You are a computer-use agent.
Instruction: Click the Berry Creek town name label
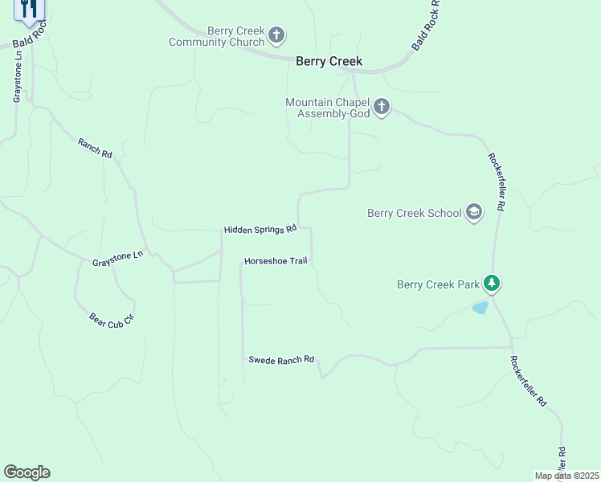point(329,61)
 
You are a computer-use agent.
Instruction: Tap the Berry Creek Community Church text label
point(216,37)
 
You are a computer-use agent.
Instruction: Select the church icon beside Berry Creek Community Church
point(276,35)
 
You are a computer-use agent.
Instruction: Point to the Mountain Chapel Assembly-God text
point(327,108)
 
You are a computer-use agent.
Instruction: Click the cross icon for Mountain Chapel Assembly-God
point(381,107)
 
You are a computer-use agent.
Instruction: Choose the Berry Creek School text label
point(414,213)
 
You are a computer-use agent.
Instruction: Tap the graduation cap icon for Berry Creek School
point(474,212)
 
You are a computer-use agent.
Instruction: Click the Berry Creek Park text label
point(438,284)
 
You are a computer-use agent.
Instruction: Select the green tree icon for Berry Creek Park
point(492,284)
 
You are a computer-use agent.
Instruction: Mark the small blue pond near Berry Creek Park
point(480,308)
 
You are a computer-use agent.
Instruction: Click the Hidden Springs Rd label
point(260,230)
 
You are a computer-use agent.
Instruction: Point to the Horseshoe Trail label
point(276,261)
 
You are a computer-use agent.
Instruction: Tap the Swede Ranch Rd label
point(280,360)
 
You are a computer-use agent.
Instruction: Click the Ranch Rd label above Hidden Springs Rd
point(95,147)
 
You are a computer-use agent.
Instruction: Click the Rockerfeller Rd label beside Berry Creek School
point(496,182)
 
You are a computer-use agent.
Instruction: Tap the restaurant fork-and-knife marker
point(29,10)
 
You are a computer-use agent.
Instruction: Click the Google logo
point(27,472)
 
